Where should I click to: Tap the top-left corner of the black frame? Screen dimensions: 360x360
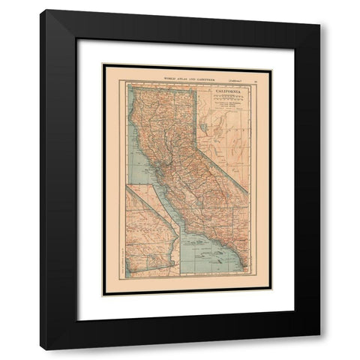40,10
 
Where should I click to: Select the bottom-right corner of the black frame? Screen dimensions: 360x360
319,349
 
